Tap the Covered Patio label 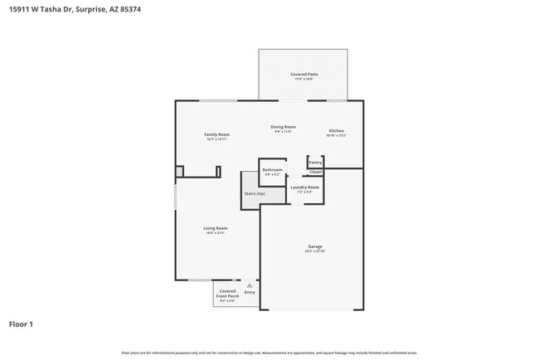(x=304, y=74)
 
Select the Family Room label (x=217, y=134)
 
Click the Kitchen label (x=336, y=130)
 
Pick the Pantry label (x=315, y=163)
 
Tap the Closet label (x=315, y=173)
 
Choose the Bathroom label (x=273, y=169)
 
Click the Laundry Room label (x=304, y=187)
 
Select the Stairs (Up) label (x=255, y=194)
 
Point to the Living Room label (x=216, y=228)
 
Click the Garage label (x=315, y=246)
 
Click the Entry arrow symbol (x=250, y=285)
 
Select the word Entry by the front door (x=250, y=292)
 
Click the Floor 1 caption (x=21, y=324)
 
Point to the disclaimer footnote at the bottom (x=269, y=353)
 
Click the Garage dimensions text (x=315, y=251)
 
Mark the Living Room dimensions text (x=216, y=233)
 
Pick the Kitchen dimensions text (x=336, y=135)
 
